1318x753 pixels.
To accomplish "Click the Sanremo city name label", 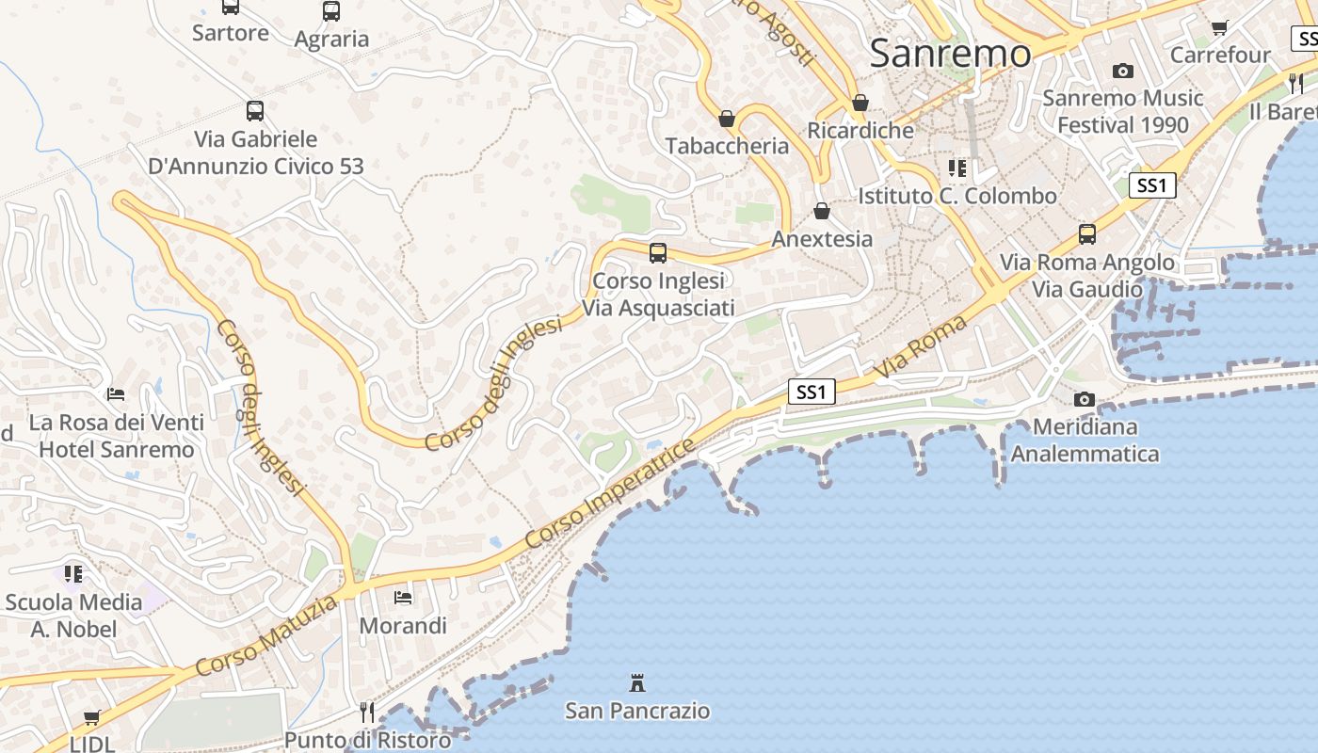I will [950, 53].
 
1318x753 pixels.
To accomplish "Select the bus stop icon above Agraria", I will [331, 11].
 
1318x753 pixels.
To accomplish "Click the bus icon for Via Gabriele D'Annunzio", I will [255, 111].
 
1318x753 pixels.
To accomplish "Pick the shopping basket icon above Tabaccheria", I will [727, 119].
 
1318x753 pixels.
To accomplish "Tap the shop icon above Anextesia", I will [822, 211].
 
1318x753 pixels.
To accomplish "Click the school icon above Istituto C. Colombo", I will [957, 168].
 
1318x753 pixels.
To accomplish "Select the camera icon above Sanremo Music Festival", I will [1122, 71].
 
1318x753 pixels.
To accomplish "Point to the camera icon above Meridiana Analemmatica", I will [1085, 399].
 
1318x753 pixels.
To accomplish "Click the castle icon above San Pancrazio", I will [637, 682].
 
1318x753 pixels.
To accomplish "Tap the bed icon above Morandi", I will [403, 597].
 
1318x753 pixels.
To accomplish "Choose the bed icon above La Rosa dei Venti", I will [116, 393].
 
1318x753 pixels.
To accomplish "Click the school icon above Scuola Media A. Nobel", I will [73, 573].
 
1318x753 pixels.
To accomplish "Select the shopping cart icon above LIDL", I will [91, 718].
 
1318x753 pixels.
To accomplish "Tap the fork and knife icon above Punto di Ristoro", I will [367, 713].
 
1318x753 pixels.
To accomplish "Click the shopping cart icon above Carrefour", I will [1220, 28].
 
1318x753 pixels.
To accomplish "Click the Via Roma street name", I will [921, 348].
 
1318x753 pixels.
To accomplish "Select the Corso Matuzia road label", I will [265, 635].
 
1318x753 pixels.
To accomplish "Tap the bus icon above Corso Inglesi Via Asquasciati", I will [658, 252].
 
